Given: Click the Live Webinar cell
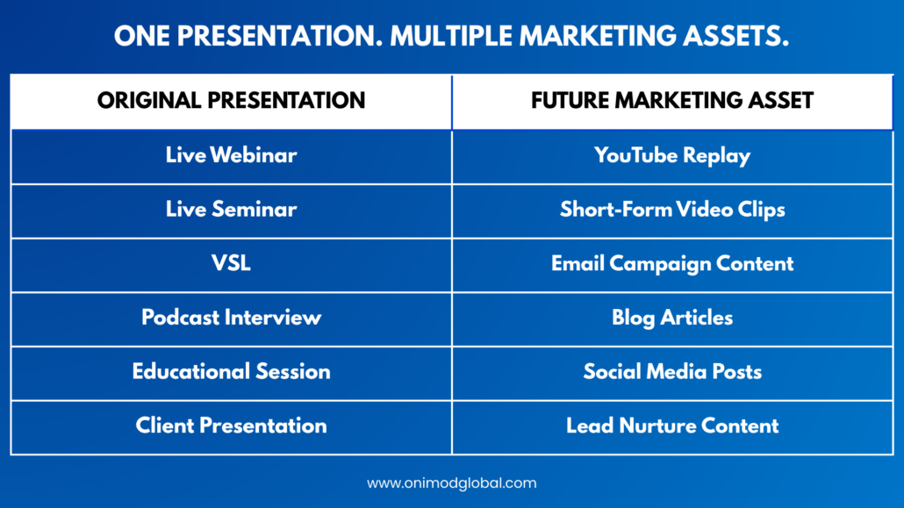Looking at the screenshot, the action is [x=231, y=157].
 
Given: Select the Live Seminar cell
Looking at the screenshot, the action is [x=231, y=211].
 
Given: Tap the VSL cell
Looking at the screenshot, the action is [x=231, y=265].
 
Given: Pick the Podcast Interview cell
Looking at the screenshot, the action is [x=231, y=319].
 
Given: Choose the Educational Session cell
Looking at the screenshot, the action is [x=231, y=374].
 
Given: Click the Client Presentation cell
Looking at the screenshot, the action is [x=231, y=428].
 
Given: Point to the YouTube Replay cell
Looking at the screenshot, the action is [x=673, y=157].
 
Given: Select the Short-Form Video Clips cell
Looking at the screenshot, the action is [x=673, y=211].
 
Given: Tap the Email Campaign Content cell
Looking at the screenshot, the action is [x=673, y=265].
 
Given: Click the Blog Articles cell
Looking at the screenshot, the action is [x=673, y=319].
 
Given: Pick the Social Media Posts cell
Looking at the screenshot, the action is [x=673, y=374].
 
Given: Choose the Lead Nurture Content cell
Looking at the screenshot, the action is [x=673, y=428].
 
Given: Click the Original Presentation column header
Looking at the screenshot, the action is [x=231, y=102].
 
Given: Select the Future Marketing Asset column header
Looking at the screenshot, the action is [x=673, y=102].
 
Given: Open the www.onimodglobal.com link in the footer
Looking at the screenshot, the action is [x=452, y=483].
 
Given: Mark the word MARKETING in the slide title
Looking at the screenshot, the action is [x=598, y=36].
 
